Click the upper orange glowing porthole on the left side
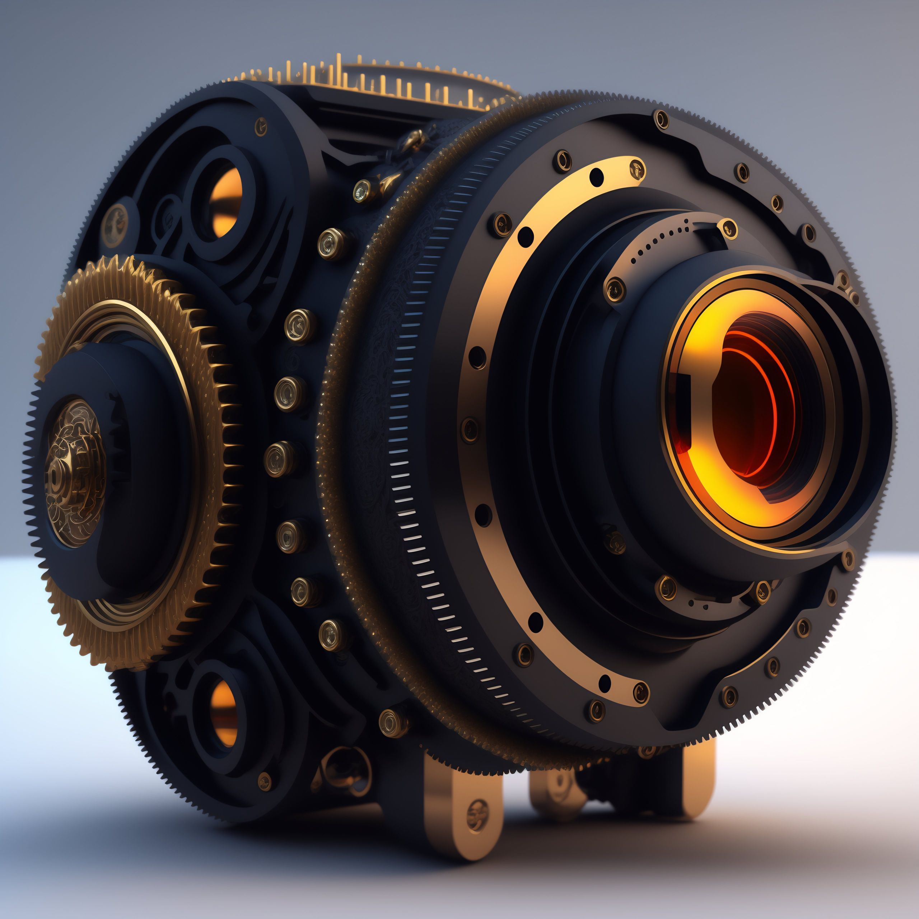224,202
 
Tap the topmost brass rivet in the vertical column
332,243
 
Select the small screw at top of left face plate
261,126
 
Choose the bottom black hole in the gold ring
605,682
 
